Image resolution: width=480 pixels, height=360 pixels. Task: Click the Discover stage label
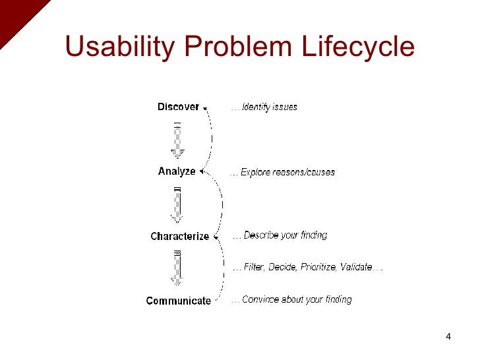click(x=178, y=107)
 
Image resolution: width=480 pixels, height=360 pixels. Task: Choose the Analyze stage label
click(x=177, y=171)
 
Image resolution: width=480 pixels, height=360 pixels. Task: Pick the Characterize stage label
click(x=179, y=236)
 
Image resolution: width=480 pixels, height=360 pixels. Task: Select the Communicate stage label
click(x=178, y=301)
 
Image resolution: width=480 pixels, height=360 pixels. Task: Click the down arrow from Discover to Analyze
click(x=177, y=140)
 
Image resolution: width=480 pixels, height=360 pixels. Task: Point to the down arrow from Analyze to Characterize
click(x=177, y=204)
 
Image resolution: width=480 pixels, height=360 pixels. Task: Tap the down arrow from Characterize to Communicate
click(x=177, y=268)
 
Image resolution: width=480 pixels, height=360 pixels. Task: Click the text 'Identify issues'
click(x=269, y=107)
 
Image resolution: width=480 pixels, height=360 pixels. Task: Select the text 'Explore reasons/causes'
click(x=287, y=172)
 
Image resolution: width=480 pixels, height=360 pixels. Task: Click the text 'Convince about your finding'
click(x=297, y=299)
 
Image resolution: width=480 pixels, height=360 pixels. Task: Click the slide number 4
click(x=448, y=338)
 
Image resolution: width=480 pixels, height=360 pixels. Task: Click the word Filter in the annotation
click(x=254, y=267)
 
